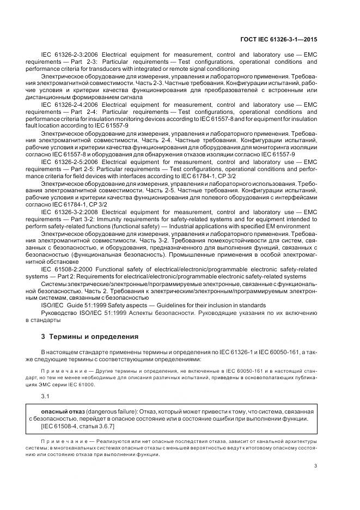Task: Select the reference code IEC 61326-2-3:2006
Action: [x=68, y=55]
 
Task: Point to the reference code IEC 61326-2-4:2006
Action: [x=68, y=102]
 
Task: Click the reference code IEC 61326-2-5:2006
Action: [x=68, y=162]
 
